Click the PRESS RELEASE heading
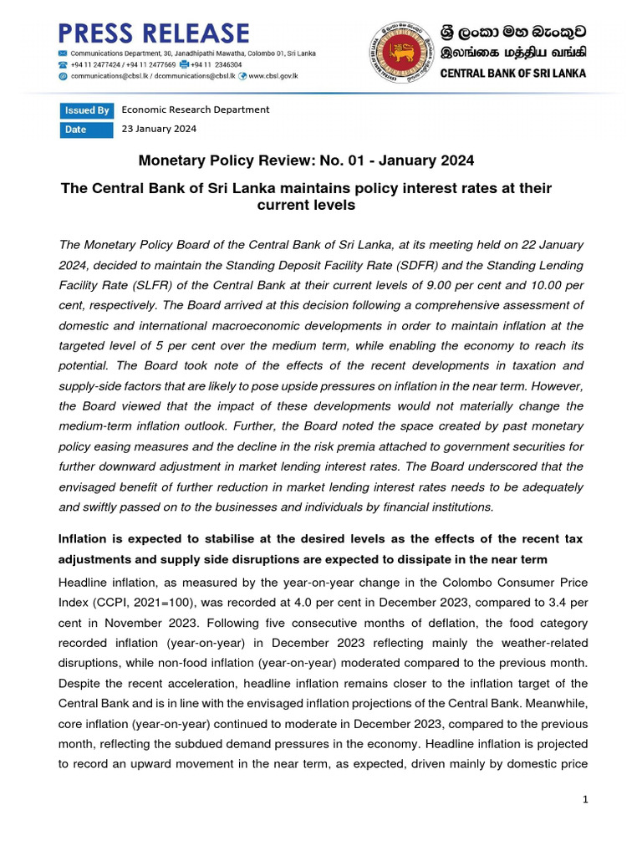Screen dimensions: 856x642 pyautogui.click(x=153, y=33)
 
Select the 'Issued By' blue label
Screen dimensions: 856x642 pyautogui.click(x=86, y=110)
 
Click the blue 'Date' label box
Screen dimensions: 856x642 pyautogui.click(x=86, y=130)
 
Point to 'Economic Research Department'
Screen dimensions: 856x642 pyautogui.click(x=196, y=110)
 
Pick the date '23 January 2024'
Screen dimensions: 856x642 pyautogui.click(x=159, y=129)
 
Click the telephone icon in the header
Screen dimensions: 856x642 pyautogui.click(x=63, y=64)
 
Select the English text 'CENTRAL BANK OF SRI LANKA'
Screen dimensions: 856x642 pyautogui.click(x=513, y=73)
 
